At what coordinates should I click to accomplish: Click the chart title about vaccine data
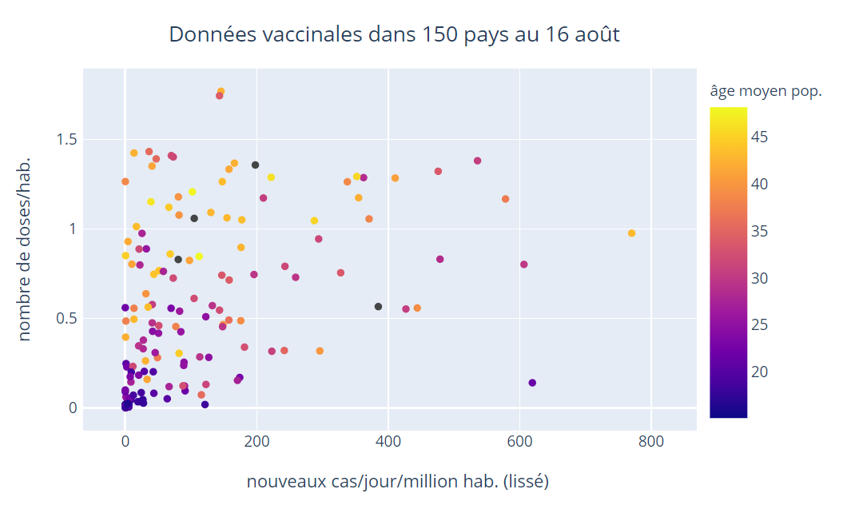[x=394, y=35]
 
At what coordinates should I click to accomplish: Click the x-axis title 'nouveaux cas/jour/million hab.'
[x=397, y=483]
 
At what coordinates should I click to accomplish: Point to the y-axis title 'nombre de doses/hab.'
[x=25, y=249]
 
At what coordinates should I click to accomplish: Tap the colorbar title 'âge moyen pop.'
[x=765, y=91]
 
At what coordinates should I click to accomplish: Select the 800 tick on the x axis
[x=651, y=440]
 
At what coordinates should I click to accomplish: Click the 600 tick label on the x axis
[x=519, y=440]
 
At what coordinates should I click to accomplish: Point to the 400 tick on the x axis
[x=388, y=440]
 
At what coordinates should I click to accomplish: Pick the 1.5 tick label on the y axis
[x=66, y=140]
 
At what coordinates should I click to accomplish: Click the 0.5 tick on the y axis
[x=66, y=319]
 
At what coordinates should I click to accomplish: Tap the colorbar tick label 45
[x=760, y=137]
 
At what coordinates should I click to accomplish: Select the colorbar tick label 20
[x=760, y=372]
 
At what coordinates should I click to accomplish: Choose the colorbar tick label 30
[x=760, y=278]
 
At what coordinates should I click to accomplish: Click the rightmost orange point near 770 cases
[x=631, y=233]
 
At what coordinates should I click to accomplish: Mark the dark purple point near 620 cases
[x=532, y=383]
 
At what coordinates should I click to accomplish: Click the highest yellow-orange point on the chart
[x=221, y=92]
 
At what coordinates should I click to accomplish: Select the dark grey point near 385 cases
[x=378, y=307]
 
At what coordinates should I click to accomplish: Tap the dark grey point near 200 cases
[x=256, y=165]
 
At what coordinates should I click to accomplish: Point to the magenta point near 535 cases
[x=477, y=161]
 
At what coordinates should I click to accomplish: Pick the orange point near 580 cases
[x=505, y=199]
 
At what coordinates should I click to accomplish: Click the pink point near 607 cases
[x=524, y=264]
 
